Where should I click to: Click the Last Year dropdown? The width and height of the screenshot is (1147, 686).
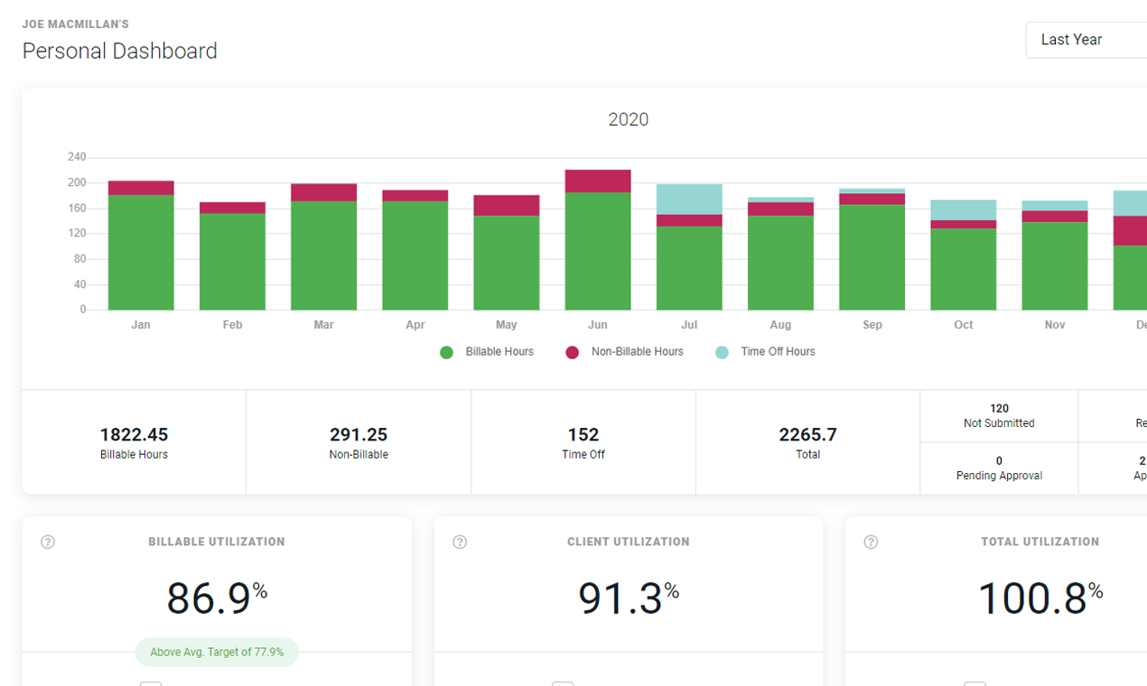click(x=1084, y=40)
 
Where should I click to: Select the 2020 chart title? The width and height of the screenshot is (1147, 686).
click(x=628, y=119)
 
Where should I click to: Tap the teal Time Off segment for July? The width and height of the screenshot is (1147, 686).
click(x=689, y=199)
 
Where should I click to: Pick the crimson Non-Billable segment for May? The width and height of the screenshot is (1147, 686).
click(x=507, y=205)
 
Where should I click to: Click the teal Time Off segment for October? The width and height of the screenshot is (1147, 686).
click(x=964, y=210)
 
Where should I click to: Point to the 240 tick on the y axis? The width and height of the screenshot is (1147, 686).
click(x=77, y=157)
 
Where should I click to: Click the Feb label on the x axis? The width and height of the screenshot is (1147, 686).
click(x=232, y=325)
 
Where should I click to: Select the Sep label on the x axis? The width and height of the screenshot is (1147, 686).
click(x=872, y=325)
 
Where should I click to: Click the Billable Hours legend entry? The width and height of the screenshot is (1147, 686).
click(x=488, y=352)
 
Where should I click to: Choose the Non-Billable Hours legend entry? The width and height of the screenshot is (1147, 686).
click(x=625, y=352)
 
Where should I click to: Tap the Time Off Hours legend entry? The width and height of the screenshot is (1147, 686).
click(x=766, y=352)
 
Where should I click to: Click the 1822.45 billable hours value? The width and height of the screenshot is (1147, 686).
click(x=134, y=435)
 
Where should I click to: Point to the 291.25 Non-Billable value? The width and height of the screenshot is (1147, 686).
click(x=359, y=435)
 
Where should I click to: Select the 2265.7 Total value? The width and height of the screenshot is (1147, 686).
click(x=807, y=435)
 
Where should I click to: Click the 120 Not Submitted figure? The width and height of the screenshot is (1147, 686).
click(x=999, y=409)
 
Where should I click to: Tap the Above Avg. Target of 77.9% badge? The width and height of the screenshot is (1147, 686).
click(x=217, y=652)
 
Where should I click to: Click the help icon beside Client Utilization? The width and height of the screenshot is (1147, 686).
click(x=460, y=542)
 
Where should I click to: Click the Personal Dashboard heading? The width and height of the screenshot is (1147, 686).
click(x=120, y=51)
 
